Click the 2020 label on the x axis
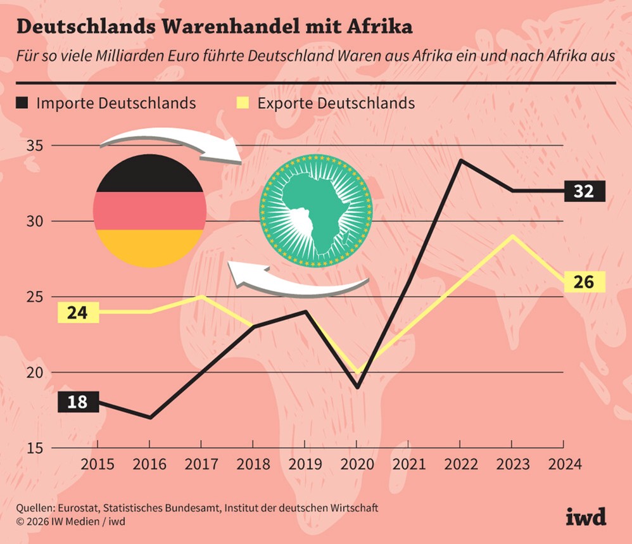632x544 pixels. click(358, 464)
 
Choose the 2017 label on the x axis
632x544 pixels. click(201, 464)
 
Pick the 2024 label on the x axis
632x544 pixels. click(564, 464)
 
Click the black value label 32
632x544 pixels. click(583, 191)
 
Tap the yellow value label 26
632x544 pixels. click(583, 281)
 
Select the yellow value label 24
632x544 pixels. click(77, 312)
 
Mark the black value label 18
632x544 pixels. click(77, 402)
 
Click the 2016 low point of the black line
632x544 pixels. click(149, 417)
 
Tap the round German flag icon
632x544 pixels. click(149, 210)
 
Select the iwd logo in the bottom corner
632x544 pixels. click(585, 516)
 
